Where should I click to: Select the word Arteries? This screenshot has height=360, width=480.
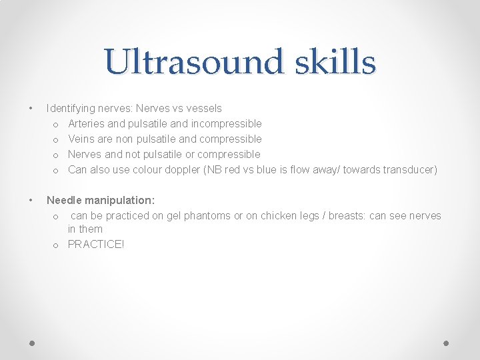(x=86, y=123)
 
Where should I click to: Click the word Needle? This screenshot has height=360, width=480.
(x=65, y=200)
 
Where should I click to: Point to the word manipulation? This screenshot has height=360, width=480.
(x=121, y=200)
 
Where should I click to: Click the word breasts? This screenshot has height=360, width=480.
(x=340, y=215)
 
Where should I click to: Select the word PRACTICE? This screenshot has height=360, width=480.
(x=96, y=244)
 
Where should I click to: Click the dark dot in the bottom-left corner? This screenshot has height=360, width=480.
(x=33, y=343)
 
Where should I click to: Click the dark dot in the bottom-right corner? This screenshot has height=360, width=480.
(x=447, y=343)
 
